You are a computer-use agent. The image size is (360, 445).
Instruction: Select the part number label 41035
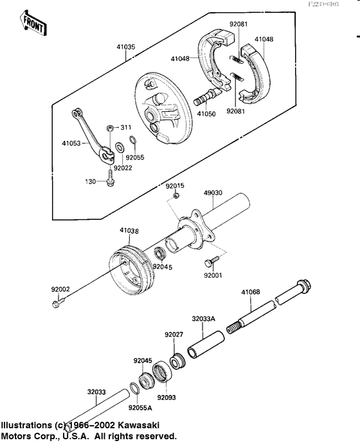pos(127,47)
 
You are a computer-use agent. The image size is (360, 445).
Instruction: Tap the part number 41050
pos(205,114)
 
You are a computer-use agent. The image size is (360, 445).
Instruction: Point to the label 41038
pos(129,230)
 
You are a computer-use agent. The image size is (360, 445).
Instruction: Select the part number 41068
pos(251,293)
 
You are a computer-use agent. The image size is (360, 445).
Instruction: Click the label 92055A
pos(139,408)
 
